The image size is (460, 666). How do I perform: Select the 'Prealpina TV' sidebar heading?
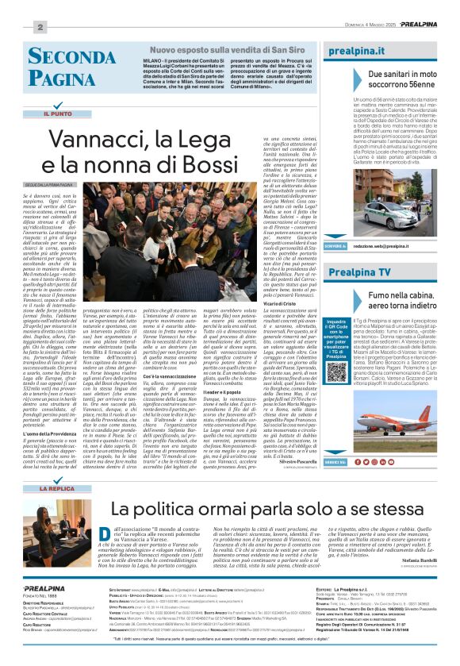[x=359, y=272]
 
